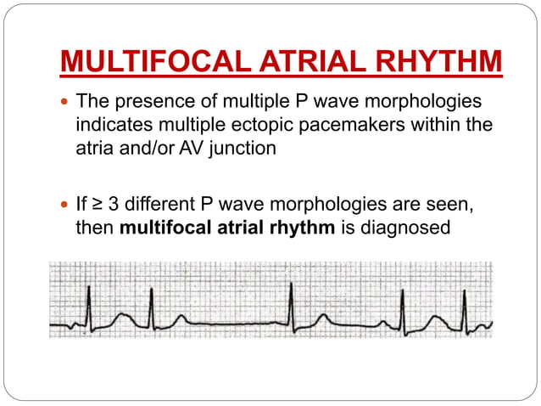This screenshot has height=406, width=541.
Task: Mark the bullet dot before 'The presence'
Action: [65, 104]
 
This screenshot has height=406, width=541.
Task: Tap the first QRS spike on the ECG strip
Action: [87, 302]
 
